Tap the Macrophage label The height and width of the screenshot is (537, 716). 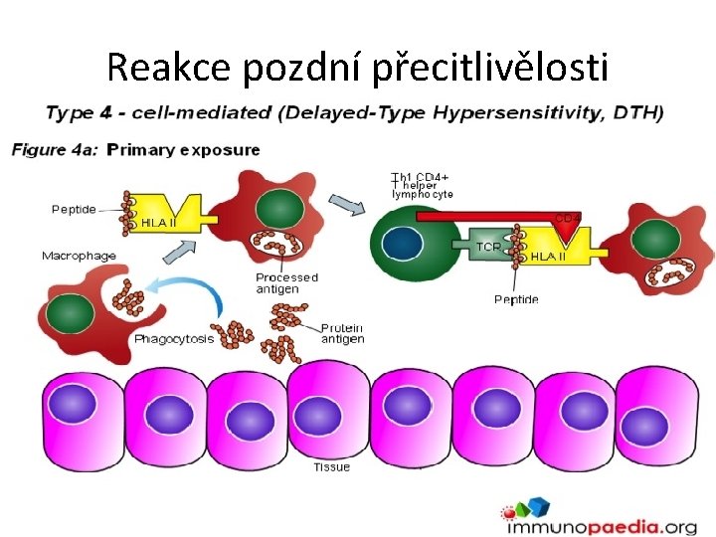coord(79,256)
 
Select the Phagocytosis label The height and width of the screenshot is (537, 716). coord(174,339)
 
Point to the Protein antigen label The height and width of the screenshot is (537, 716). coord(342,333)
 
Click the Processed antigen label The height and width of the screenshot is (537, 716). coord(286,283)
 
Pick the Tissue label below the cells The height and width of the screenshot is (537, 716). coord(332,467)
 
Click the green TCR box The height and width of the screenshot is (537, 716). coord(487,246)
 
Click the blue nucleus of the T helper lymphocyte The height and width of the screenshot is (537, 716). coord(403,246)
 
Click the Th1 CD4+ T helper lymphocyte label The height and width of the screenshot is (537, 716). coord(422,187)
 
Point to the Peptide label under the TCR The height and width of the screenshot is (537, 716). coord(516,299)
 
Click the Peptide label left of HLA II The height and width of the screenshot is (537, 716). coord(75,209)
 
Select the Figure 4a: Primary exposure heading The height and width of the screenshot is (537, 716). coord(136,150)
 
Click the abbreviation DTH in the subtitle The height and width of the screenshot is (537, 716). coord(633,112)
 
